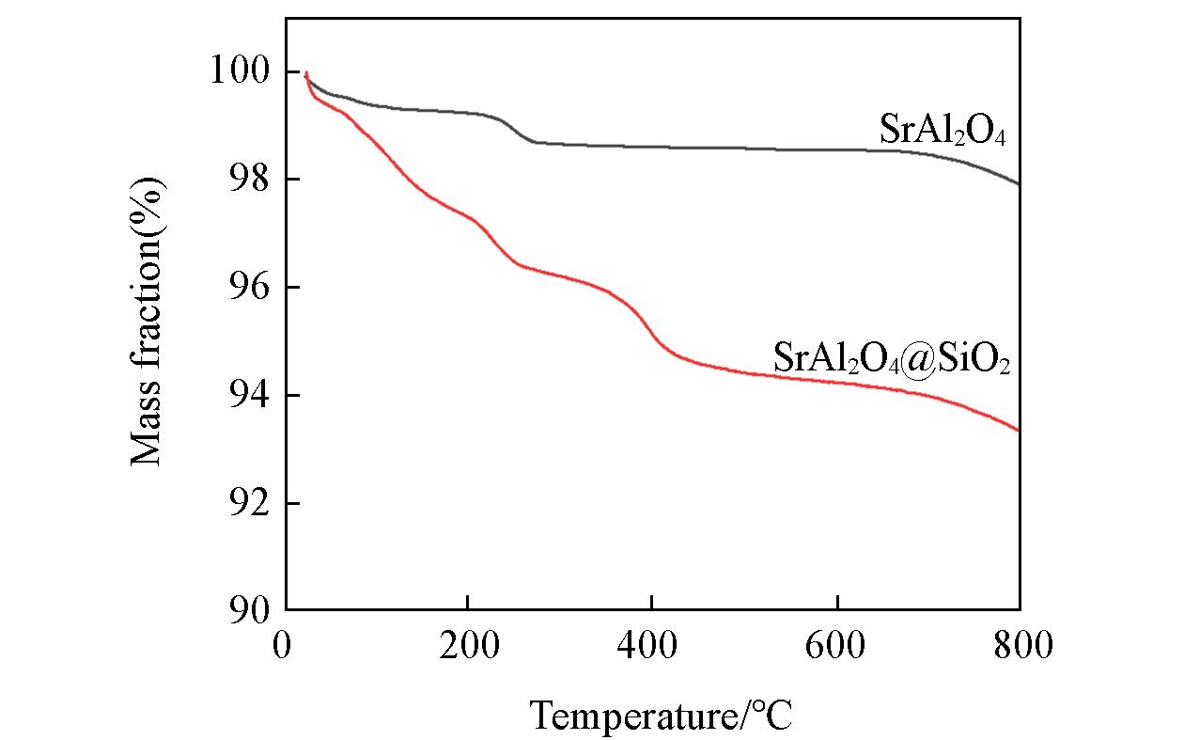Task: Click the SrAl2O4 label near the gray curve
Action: click(943, 130)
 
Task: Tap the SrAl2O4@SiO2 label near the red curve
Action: click(891, 357)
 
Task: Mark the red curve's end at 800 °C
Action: click(1019, 430)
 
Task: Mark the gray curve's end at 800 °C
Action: click(1019, 184)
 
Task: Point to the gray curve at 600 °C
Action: click(835, 150)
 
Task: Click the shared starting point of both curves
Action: click(306, 72)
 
